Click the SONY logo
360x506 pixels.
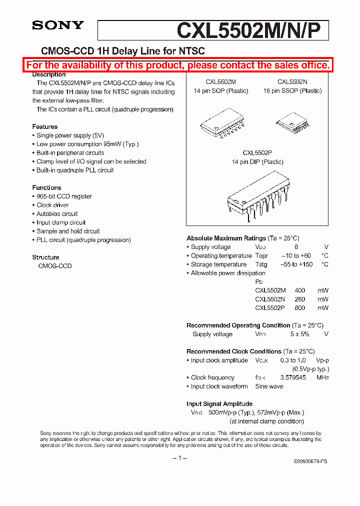[x=58, y=25]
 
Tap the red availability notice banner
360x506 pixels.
[x=178, y=65]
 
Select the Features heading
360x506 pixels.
[x=45, y=126]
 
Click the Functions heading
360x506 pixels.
[x=46, y=187]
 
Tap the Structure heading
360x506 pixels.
[x=45, y=257]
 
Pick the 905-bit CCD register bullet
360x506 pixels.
[x=64, y=196]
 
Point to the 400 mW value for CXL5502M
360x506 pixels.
[x=300, y=290]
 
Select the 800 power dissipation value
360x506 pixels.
[x=300, y=308]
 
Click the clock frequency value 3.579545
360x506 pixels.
[x=293, y=377]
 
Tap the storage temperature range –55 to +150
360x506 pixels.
[x=296, y=264]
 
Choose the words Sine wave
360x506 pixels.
[x=269, y=386]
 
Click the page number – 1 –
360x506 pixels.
[x=179, y=458]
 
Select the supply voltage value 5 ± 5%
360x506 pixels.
[x=300, y=334]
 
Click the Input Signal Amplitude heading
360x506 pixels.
[x=219, y=403]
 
